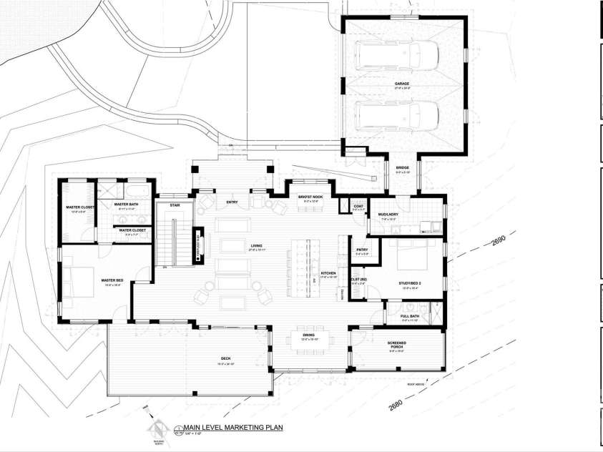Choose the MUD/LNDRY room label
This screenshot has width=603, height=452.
[x=388, y=214]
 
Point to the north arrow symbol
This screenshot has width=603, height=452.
[x=156, y=429]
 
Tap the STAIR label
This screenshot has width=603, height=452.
[x=174, y=205]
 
